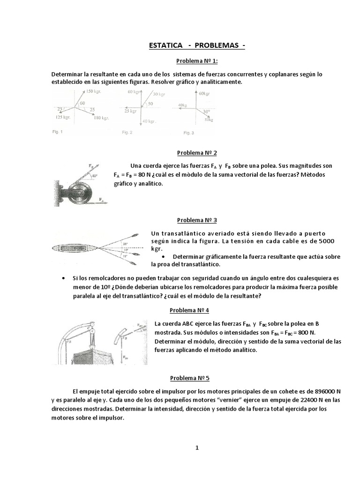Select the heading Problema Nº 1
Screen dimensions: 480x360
196,61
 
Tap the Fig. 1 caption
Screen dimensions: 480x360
57,132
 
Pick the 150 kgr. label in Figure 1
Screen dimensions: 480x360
94,91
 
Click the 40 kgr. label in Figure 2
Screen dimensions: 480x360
149,121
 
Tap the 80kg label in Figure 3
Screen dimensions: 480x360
209,120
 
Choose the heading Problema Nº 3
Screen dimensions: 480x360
196,220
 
